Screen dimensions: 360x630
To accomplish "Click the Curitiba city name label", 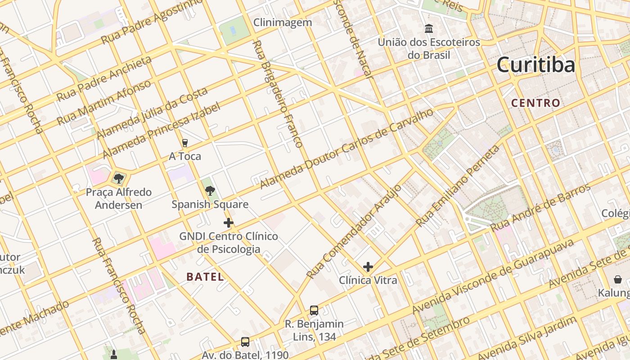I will click(535, 65).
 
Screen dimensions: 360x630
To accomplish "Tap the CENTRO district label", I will click(535, 103).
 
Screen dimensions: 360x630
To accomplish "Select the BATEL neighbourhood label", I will click(205, 277).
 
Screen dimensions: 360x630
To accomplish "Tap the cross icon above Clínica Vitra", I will click(368, 267).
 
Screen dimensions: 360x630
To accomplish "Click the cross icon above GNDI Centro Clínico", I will click(229, 223).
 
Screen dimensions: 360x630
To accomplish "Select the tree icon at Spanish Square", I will click(210, 191).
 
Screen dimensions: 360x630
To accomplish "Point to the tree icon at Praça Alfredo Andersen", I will click(119, 179).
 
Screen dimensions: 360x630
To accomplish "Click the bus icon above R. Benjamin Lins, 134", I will click(314, 310).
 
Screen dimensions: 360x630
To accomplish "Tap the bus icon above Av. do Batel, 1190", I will click(245, 342).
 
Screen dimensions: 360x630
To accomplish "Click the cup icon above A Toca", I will click(184, 143).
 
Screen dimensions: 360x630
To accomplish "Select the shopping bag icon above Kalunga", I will click(618, 279).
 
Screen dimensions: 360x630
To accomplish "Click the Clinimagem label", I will click(283, 22).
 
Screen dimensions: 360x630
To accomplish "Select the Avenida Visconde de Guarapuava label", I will click(493, 277).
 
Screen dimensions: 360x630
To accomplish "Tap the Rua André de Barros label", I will click(540, 207).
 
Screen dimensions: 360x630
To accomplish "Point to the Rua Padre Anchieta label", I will click(104, 78).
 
